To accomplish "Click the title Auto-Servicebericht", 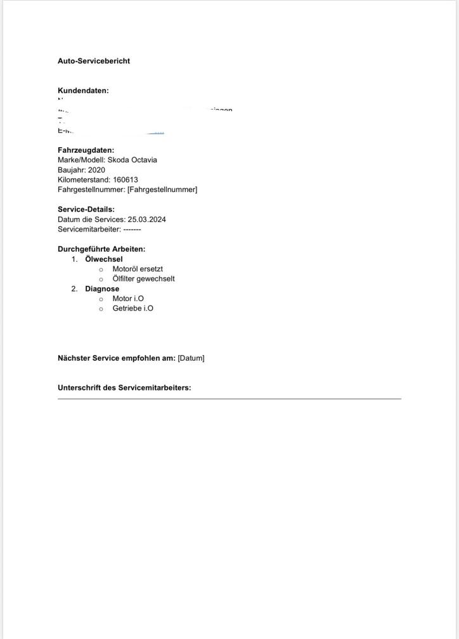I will pyautogui.click(x=94, y=61).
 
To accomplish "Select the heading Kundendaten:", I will pyautogui.click(x=83, y=91).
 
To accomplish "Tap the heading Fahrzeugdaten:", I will pyautogui.click(x=86, y=150).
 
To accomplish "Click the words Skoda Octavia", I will pyautogui.click(x=132, y=160).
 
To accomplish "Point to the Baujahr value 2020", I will pyautogui.click(x=96, y=170).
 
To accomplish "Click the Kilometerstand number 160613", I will pyautogui.click(x=126, y=179).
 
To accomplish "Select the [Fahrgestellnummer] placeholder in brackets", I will pyautogui.click(x=162, y=190).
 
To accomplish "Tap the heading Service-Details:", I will pyautogui.click(x=86, y=209).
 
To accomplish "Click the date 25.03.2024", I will pyautogui.click(x=146, y=219).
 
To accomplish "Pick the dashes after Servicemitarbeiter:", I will pyautogui.click(x=132, y=229).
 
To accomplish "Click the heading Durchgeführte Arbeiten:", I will pyautogui.click(x=101, y=249).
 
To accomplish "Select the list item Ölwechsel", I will pyautogui.click(x=104, y=259).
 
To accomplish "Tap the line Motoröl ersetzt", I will pyautogui.click(x=138, y=269).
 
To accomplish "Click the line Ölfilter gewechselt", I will pyautogui.click(x=143, y=278).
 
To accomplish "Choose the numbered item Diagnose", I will pyautogui.click(x=102, y=288).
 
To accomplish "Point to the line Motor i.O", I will pyautogui.click(x=128, y=298).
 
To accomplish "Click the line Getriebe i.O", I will pyautogui.click(x=133, y=308).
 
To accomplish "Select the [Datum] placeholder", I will pyautogui.click(x=191, y=358).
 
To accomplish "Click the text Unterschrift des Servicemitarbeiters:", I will pyautogui.click(x=124, y=387).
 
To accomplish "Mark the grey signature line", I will pyautogui.click(x=229, y=399).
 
